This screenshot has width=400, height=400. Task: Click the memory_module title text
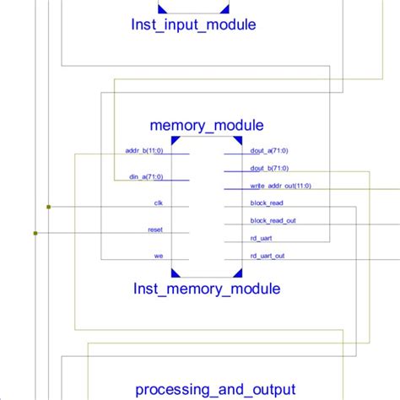[x=206, y=126]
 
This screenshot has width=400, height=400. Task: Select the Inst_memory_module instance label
[x=206, y=289]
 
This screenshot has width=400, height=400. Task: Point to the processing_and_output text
[x=215, y=389]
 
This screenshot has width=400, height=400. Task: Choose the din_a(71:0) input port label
[x=146, y=176]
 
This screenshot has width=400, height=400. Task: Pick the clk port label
[x=158, y=203]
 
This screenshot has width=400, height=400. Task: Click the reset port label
[x=155, y=229]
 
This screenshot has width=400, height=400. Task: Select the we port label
[x=158, y=255]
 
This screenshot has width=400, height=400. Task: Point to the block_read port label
[x=267, y=203]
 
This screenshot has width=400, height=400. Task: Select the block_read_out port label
[x=273, y=220]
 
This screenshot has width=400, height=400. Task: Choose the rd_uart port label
[x=262, y=238]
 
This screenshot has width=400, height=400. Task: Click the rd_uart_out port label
[x=268, y=255]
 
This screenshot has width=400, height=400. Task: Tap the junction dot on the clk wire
[x=49, y=206]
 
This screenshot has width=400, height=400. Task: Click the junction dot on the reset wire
[x=35, y=232]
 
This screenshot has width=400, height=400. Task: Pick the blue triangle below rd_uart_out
[x=237, y=272]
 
